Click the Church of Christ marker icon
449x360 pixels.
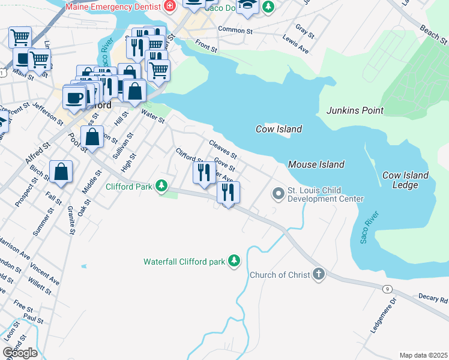(x=318, y=275)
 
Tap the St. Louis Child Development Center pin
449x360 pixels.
(x=278, y=194)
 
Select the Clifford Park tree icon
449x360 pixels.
(x=161, y=186)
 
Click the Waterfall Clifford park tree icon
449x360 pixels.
(x=234, y=261)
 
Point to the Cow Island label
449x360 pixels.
(x=279, y=129)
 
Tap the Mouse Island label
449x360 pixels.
(x=316, y=164)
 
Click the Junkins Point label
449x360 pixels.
(x=355, y=110)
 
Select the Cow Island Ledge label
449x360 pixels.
(x=406, y=180)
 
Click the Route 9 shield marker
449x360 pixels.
(x=388, y=289)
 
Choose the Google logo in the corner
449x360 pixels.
(x=20, y=353)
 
